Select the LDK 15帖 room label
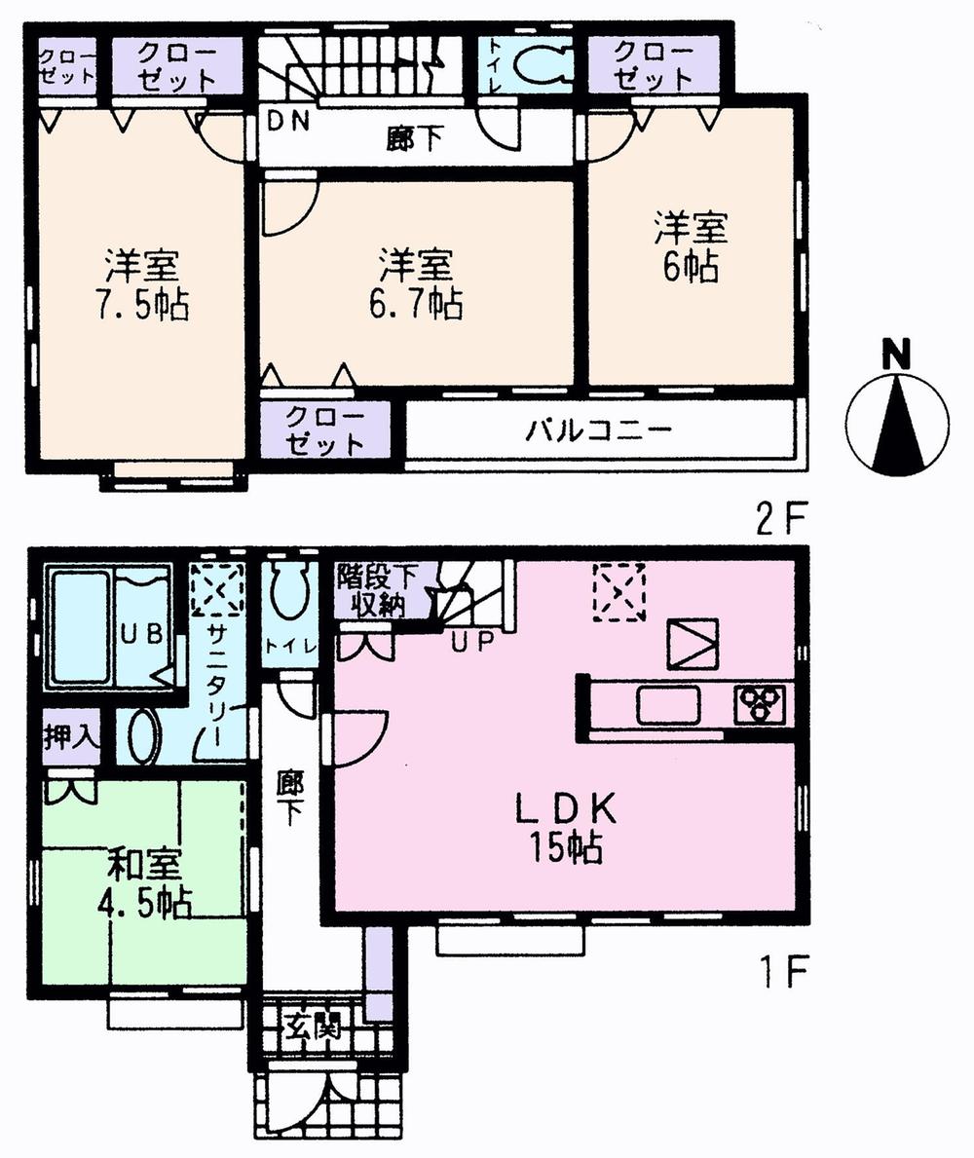coord(566,827)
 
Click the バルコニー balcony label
coord(599,430)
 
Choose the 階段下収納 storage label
coord(378,591)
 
